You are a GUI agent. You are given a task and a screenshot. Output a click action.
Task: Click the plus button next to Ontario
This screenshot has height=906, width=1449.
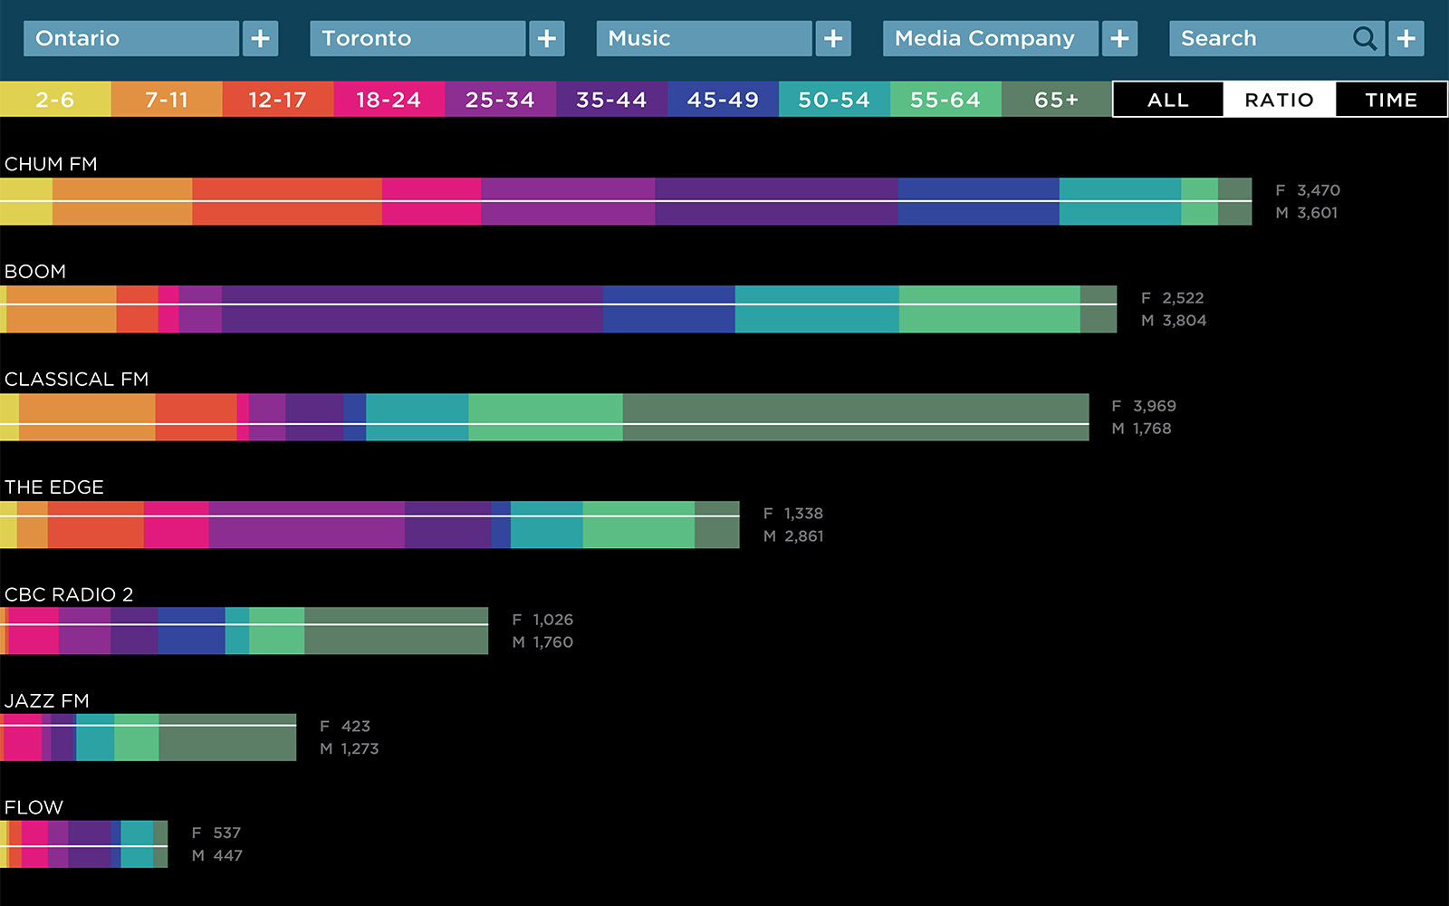tap(260, 39)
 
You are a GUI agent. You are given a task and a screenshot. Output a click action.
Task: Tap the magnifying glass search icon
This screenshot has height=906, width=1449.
tap(1364, 39)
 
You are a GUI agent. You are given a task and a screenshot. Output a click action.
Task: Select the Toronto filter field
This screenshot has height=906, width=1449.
tap(417, 39)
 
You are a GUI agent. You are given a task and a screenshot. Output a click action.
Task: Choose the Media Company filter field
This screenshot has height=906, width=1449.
tap(990, 39)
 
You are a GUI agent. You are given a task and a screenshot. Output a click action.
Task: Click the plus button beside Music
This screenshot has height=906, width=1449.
tap(833, 39)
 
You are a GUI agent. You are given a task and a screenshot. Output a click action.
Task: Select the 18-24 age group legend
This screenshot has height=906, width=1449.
tap(389, 100)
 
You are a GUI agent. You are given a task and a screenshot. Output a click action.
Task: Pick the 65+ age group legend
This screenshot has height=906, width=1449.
tap(1056, 100)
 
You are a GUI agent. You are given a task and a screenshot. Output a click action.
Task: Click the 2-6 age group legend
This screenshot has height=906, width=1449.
tap(55, 100)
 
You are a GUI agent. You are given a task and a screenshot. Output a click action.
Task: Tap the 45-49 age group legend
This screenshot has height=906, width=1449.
tap(723, 100)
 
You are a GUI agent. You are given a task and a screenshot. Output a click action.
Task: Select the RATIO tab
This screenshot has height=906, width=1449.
tap(1279, 100)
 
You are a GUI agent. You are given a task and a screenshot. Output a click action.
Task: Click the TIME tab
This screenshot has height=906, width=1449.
tap(1391, 100)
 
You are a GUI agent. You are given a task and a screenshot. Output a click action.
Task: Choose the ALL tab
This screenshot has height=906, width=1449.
tap(1167, 100)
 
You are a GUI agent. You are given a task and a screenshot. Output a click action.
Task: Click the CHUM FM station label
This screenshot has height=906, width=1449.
tap(51, 164)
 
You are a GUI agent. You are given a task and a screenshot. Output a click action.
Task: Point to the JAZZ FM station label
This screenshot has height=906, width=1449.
tap(47, 700)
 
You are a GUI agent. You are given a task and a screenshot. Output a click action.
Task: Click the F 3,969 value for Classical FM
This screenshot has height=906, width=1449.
tap(1144, 406)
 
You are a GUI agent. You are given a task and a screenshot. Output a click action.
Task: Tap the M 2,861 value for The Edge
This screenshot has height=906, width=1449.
tap(793, 536)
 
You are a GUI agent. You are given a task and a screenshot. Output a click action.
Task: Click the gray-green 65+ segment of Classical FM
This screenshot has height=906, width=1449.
tap(855, 418)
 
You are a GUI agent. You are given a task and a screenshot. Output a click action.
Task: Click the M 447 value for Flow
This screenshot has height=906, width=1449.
tap(217, 855)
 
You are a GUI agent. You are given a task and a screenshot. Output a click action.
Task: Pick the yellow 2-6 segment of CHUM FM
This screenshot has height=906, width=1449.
tap(26, 201)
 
